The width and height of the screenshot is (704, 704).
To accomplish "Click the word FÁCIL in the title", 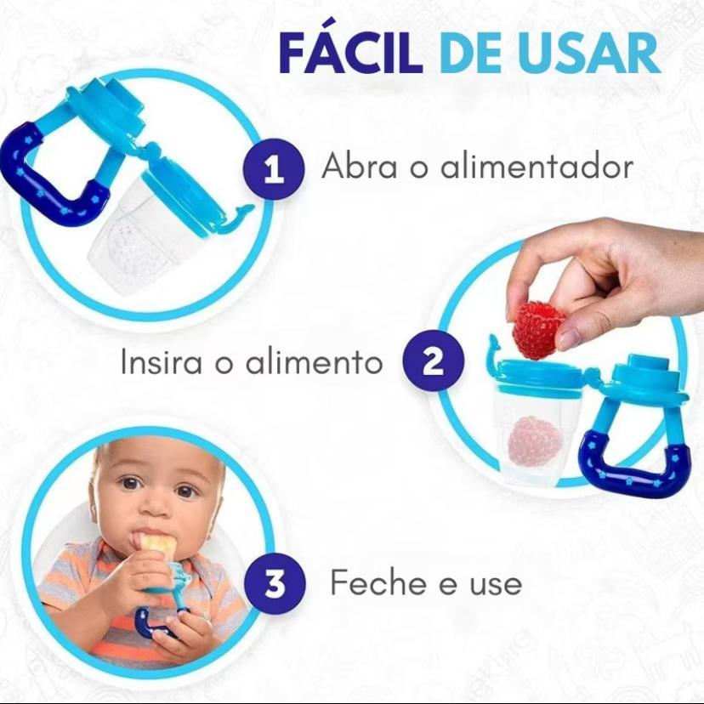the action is tap(350, 52).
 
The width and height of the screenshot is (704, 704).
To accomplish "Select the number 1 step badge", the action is tap(274, 169).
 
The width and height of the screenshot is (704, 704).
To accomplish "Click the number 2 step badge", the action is tap(433, 361).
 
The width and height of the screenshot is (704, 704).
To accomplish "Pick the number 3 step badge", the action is tap(275, 582).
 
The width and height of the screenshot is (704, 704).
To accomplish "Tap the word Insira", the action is tap(162, 361).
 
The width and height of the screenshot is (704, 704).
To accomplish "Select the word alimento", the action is tap(314, 361).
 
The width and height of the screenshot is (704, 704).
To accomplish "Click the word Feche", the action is tap(378, 582).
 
